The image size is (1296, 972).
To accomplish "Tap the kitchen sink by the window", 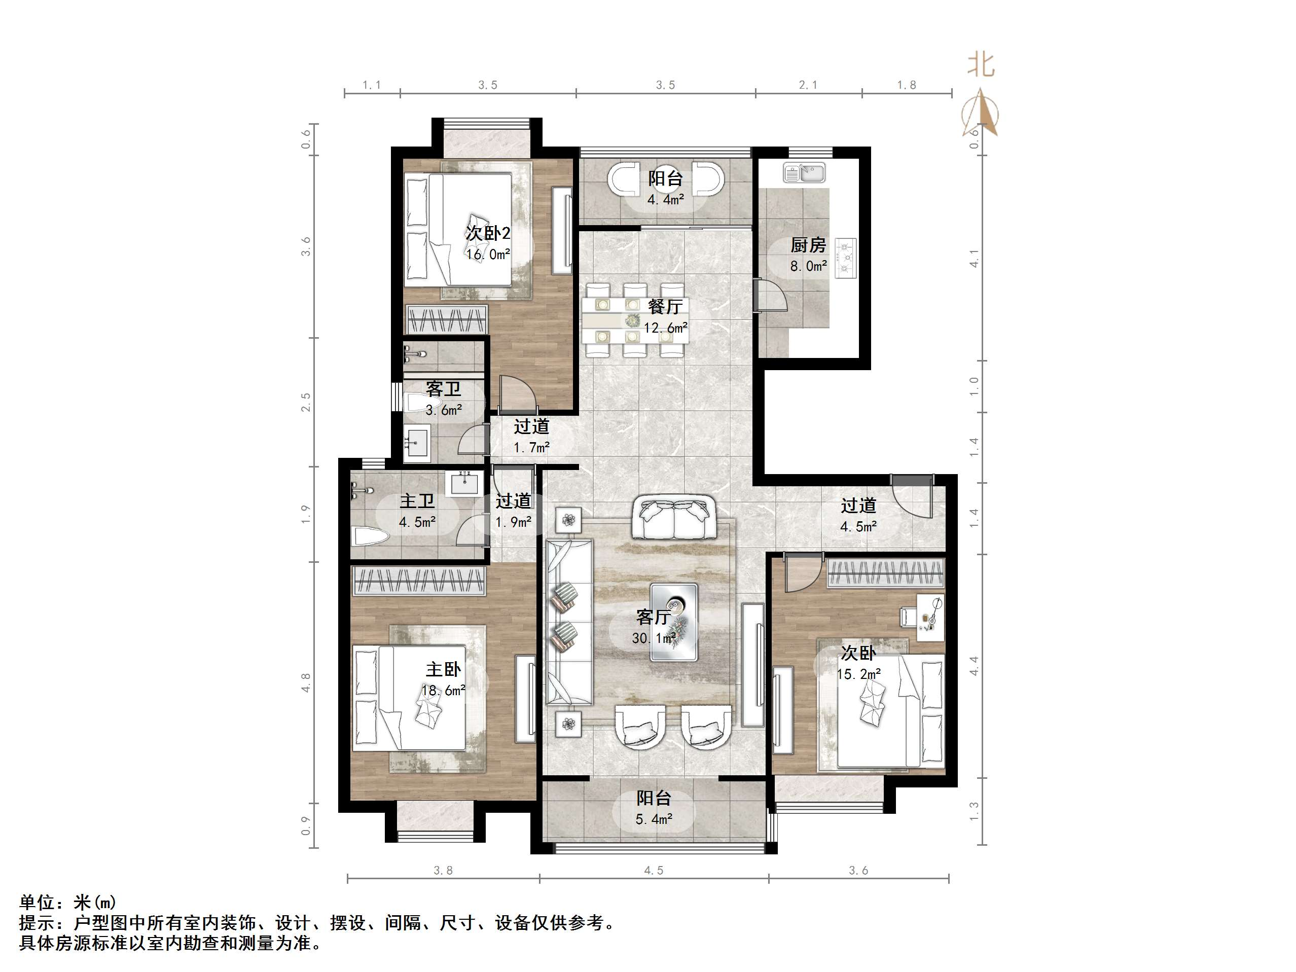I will click(804, 173).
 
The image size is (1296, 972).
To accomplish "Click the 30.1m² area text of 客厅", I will click(653, 638).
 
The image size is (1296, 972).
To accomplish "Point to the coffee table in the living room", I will click(674, 622).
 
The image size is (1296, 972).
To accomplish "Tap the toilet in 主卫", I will click(370, 536).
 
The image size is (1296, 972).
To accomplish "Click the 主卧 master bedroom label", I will click(443, 669).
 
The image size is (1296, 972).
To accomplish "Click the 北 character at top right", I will click(981, 64).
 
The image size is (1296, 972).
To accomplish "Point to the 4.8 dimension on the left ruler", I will click(306, 683).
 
